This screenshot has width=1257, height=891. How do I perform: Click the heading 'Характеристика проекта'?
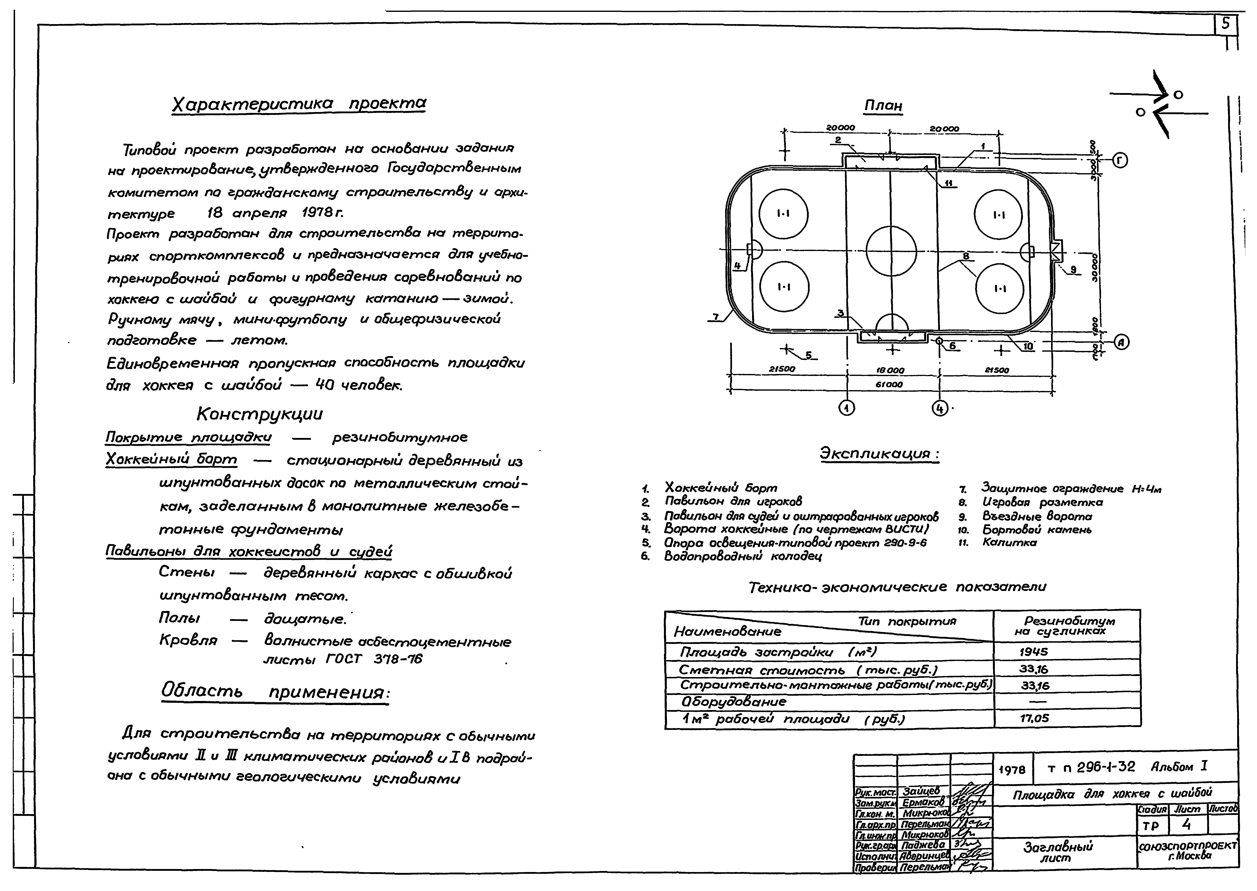pyautogui.click(x=299, y=104)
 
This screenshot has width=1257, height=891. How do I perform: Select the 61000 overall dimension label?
pyautogui.click(x=889, y=385)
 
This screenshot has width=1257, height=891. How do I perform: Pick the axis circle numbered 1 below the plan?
pyautogui.click(x=847, y=408)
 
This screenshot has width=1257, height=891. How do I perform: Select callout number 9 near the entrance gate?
pyautogui.click(x=1073, y=269)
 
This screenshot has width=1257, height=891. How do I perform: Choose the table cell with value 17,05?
pyautogui.click(x=1034, y=718)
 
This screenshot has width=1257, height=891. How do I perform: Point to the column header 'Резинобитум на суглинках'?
pyautogui.click(x=1066, y=626)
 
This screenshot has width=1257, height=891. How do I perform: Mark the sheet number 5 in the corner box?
pyautogui.click(x=1225, y=25)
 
